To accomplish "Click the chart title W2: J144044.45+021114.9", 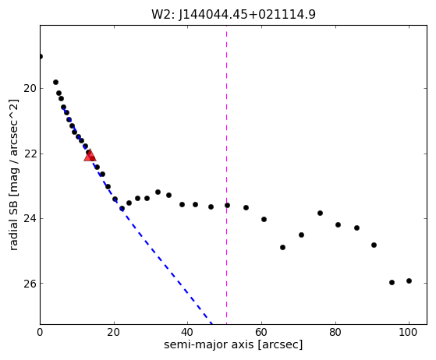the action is coord(233,14).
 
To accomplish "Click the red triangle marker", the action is coord(90,156).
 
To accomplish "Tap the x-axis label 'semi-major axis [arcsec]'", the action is coord(233,344).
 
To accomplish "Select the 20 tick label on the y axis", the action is coord(30,89).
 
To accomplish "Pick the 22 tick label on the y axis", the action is coord(30,154).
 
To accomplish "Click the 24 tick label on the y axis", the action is coord(30,219).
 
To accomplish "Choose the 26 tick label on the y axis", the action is coord(30,284).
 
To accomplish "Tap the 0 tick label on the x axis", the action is coord(40,332).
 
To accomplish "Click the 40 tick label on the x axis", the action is coord(187,332).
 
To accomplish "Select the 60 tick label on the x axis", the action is coord(261,332).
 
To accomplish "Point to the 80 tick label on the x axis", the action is coord(335,332).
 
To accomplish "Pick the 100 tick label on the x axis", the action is coord(409,332).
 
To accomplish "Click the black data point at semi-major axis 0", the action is coord(41,57).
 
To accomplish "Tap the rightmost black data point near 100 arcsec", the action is coord(409,281).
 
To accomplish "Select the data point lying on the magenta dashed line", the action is coord(227,205).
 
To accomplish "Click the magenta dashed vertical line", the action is coord(227,175).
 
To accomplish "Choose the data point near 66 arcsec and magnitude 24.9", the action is coord(283,247).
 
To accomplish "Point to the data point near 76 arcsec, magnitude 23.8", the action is coord(320,213).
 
